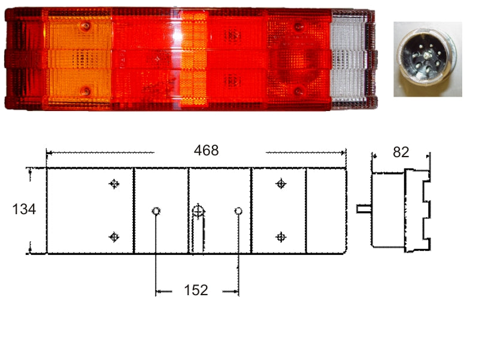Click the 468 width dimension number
(206, 151)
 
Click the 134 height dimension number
(24, 209)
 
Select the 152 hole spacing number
(196, 290)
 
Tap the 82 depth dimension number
(401, 152)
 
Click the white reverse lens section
(350, 59)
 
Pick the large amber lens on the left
(80, 59)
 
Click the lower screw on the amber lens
(86, 91)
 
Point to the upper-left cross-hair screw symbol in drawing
(114, 184)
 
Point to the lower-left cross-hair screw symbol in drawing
(114, 237)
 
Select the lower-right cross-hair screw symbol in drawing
(280, 237)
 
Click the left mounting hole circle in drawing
(156, 211)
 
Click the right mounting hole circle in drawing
(238, 211)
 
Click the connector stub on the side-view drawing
(363, 209)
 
